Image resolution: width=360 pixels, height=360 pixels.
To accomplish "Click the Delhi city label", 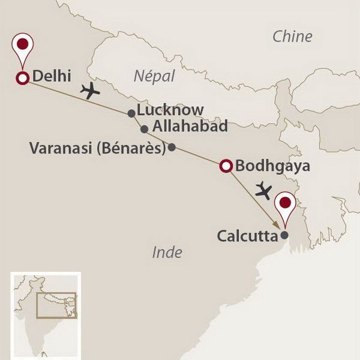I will [x=53, y=76].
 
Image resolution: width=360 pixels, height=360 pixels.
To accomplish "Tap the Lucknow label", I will [x=170, y=110].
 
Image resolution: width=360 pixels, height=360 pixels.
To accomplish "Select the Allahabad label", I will [x=190, y=127].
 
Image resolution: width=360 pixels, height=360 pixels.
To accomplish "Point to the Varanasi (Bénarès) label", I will [x=97, y=148].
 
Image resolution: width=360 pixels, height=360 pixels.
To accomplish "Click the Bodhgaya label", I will [x=265, y=166].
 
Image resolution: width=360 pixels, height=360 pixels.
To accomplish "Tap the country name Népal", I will [x=153, y=76].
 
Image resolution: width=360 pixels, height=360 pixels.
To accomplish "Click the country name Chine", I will [x=292, y=36].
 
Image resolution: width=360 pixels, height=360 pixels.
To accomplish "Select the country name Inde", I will [x=167, y=252].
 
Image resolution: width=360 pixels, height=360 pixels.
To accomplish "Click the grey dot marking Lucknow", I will [x=131, y=113].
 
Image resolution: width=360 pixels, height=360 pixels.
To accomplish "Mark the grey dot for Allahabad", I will [x=144, y=129].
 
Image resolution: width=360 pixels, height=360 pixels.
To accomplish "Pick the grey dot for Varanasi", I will [x=172, y=147].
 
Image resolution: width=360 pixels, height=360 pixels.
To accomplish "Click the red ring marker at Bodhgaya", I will [x=226, y=166].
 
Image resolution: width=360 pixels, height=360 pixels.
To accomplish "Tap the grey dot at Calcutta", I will [x=285, y=235].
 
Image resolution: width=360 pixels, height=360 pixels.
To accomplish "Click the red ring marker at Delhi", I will [x=23, y=78].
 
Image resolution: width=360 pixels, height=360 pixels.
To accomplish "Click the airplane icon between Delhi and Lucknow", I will [x=90, y=91].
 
